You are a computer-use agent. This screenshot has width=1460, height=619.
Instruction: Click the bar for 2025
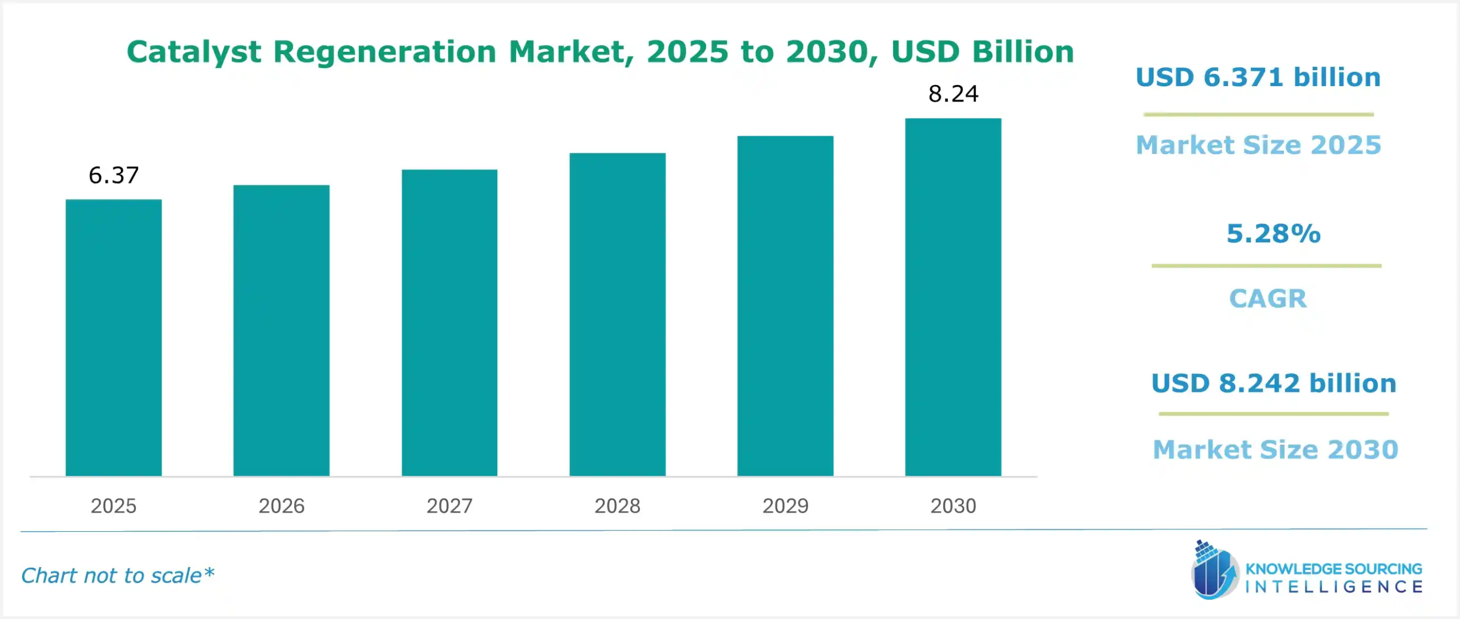pos(113,337)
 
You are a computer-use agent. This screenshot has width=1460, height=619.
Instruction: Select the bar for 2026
pos(281,330)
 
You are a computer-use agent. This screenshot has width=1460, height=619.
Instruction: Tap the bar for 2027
pos(449,322)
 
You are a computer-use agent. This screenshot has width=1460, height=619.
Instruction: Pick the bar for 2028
pos(617,314)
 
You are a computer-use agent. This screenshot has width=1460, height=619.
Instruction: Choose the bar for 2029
pos(785,306)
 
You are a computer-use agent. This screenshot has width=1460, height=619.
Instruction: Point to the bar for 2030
pos(953,297)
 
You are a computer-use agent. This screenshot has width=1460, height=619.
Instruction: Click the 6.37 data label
pos(113,175)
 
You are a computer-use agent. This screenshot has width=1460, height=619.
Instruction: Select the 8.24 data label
pos(953,94)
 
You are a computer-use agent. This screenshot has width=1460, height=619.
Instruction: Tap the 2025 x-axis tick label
pos(113,505)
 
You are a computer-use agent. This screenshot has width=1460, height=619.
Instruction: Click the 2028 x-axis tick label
pos(617,505)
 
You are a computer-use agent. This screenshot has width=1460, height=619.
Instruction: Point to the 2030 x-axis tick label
pos(953,505)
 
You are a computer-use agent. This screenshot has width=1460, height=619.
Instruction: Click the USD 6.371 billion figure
pos(1258,77)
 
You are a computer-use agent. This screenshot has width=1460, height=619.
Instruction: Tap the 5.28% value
pos(1273,233)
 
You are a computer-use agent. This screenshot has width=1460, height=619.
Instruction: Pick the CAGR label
pos(1267,298)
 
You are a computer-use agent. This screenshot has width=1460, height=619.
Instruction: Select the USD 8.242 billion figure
pos(1274,383)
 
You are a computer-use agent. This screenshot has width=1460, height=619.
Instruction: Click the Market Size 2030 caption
pos(1275,450)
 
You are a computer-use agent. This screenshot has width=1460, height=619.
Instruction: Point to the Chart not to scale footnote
pos(117,575)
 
